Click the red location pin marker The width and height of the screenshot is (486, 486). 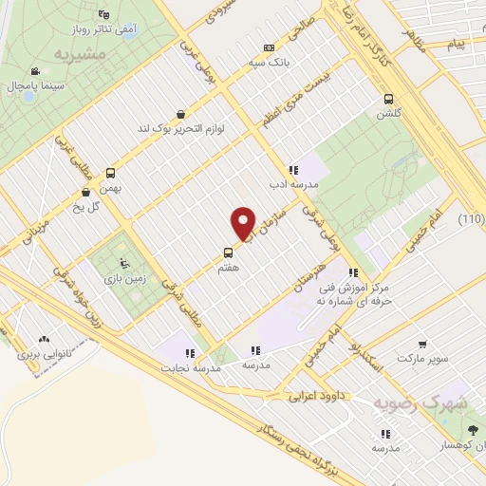[244, 224]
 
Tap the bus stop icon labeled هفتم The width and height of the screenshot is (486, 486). [228, 252]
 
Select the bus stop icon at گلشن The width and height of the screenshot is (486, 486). [388, 100]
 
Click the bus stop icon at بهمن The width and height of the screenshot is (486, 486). [111, 173]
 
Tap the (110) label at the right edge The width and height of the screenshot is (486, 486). [471, 220]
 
